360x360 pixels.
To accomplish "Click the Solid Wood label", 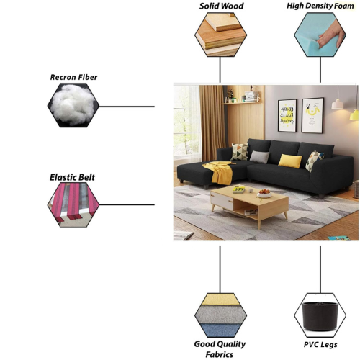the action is click(221, 6).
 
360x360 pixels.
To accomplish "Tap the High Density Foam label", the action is click(320, 6).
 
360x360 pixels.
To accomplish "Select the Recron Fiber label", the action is click(73, 77).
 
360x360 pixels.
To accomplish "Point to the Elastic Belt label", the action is click(72, 177).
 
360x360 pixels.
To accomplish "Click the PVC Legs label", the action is click(320, 345).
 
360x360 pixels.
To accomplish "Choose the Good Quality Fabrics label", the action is click(220, 349).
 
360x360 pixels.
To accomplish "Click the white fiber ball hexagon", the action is click(73, 105).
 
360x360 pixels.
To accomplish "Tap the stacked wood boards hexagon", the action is click(220, 35).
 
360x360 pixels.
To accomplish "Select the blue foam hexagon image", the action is click(320, 35).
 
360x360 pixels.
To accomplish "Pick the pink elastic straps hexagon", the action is click(73, 204).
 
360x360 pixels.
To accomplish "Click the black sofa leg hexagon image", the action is click(320, 315).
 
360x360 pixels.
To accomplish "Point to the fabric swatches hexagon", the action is click(220, 315).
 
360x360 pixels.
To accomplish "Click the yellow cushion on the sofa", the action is click(290, 161).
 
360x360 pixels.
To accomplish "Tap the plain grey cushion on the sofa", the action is click(259, 157).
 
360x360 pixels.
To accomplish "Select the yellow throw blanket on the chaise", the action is click(220, 172).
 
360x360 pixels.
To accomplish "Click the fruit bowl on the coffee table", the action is click(264, 194).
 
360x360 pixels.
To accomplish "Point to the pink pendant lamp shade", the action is click(337, 104).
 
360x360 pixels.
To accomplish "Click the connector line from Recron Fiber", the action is click(127, 107).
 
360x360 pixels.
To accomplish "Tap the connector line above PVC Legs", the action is click(320, 269).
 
